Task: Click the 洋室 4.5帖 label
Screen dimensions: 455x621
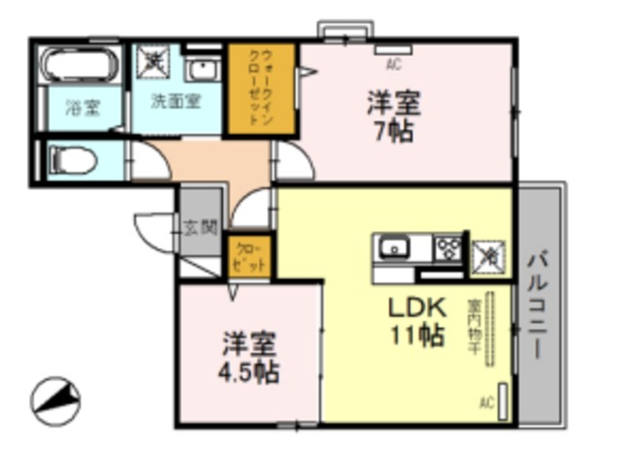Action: tap(249, 358)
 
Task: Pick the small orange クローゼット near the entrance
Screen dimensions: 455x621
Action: tap(249, 257)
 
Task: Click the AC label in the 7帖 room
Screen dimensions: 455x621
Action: tap(393, 66)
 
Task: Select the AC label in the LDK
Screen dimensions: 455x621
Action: tap(487, 400)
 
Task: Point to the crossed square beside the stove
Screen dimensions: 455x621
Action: tap(487, 254)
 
